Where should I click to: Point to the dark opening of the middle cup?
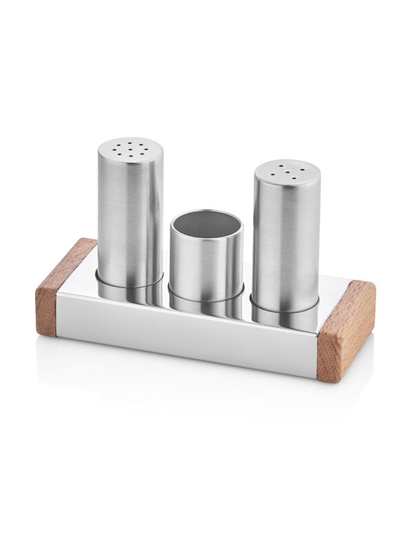coord(206,224)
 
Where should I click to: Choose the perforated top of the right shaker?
coord(286,172)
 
